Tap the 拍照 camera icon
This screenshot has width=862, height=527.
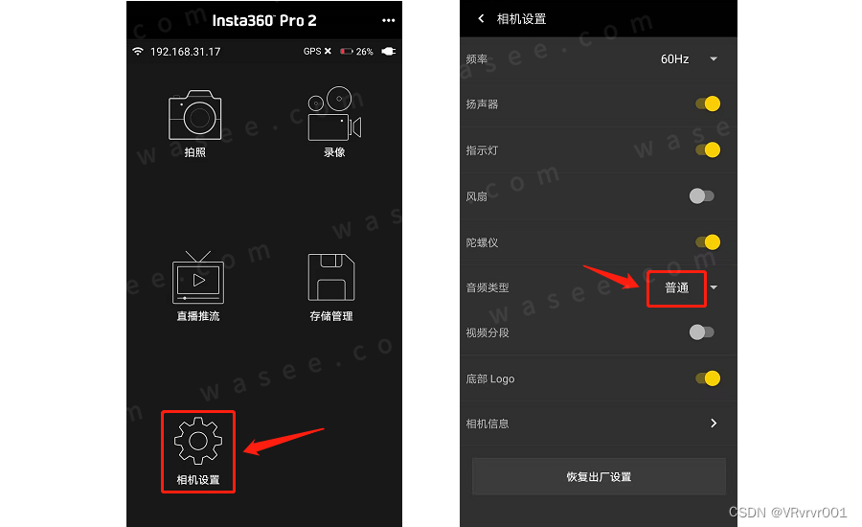point(195,115)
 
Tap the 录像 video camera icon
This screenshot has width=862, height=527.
point(334,114)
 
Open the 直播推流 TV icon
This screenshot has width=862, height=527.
point(198,277)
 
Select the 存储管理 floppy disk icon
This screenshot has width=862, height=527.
point(331,277)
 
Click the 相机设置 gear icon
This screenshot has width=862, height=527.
point(198,441)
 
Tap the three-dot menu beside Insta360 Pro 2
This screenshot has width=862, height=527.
point(389,20)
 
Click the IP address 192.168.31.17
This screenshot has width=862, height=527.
point(185,52)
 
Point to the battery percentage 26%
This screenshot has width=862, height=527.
point(365,52)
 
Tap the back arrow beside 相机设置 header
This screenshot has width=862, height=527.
point(481,19)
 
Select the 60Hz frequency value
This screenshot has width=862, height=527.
point(674,59)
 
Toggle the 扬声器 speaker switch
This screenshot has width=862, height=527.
point(708,103)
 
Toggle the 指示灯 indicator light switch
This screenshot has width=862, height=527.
point(708,149)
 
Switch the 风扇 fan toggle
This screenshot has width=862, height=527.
point(702,195)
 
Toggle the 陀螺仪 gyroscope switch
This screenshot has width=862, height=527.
point(708,242)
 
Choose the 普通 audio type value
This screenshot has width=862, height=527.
point(677,287)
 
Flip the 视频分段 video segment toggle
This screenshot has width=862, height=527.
point(702,332)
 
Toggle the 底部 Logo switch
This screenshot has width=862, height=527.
point(708,378)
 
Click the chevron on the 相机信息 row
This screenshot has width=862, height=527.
point(714,423)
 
